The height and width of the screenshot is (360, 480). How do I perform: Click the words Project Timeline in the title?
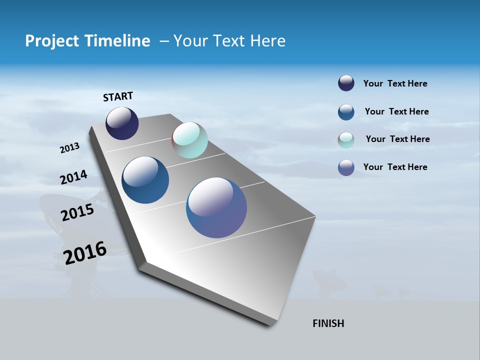[87, 41]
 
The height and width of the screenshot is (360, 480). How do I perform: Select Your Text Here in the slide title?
[229, 41]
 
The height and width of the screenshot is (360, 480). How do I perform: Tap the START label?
[118, 96]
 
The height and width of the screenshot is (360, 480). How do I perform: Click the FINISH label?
[328, 323]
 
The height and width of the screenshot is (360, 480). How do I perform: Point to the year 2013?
[69, 148]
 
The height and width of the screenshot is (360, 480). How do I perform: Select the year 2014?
[73, 177]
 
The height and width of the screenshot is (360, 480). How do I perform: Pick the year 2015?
[77, 212]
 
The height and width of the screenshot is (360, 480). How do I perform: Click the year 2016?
[85, 252]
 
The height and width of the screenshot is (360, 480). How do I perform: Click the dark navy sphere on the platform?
[122, 123]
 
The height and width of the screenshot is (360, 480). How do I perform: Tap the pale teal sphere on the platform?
[189, 140]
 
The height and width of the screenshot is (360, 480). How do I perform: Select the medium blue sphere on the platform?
[145, 180]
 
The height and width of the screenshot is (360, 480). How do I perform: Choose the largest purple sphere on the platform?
[216, 207]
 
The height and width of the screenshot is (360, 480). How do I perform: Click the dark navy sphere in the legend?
[346, 83]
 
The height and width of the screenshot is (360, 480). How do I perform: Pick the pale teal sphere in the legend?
[346, 140]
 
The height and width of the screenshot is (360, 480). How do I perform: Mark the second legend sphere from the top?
[346, 112]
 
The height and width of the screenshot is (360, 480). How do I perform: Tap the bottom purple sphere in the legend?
[346, 167]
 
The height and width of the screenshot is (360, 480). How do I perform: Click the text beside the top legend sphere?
[395, 83]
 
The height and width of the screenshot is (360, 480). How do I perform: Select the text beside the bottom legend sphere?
[395, 167]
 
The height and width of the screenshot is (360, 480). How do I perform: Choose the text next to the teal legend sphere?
[397, 139]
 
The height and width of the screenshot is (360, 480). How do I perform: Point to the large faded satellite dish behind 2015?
[55, 215]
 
